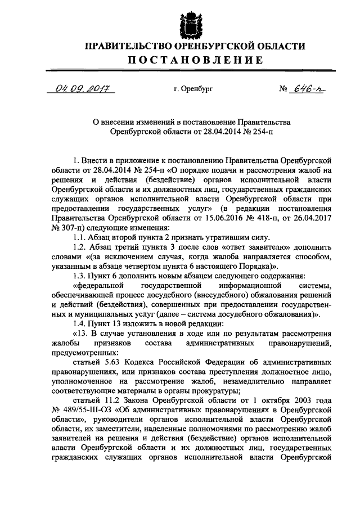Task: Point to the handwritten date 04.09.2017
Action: tap(81, 88)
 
